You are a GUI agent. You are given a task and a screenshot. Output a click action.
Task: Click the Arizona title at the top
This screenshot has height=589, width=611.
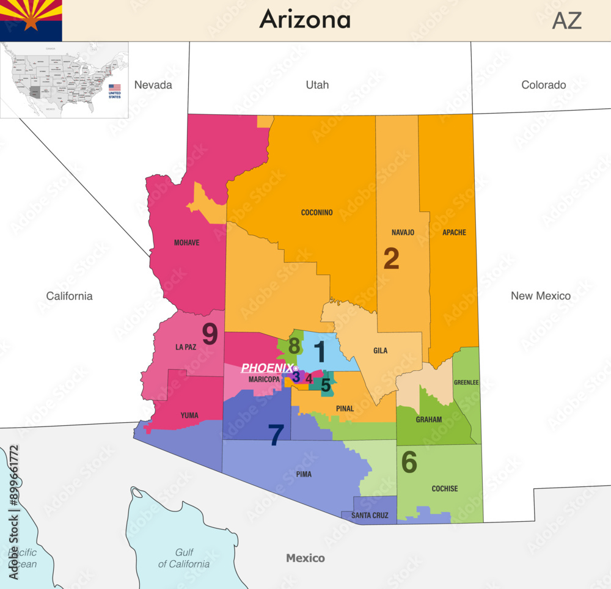click(x=305, y=20)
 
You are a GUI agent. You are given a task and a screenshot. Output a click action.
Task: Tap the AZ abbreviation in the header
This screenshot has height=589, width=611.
click(x=566, y=21)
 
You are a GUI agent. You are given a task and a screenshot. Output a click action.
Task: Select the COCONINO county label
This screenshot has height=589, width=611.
click(x=316, y=213)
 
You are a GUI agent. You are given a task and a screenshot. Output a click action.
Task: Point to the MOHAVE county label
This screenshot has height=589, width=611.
click(x=186, y=243)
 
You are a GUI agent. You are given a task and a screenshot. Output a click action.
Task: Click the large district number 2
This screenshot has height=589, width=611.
click(x=391, y=259)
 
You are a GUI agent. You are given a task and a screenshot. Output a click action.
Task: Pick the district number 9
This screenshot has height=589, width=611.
click(x=210, y=334)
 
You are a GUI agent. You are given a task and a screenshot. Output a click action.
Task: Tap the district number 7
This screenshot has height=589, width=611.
click(x=276, y=435)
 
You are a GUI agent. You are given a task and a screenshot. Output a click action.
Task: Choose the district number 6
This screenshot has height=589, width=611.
click(x=409, y=463)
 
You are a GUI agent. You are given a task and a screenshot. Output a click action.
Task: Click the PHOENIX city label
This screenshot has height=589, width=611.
click(x=266, y=368)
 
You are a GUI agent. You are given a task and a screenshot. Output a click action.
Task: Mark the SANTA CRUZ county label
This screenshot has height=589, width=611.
click(x=370, y=516)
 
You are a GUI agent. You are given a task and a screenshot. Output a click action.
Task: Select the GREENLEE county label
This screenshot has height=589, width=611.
click(x=466, y=383)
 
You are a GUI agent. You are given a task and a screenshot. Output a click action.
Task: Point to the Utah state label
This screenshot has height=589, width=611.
click(x=317, y=85)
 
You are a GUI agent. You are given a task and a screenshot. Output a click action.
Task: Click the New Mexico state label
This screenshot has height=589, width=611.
click(x=540, y=296)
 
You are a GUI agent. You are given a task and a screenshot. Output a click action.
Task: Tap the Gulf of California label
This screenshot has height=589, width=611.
click(x=184, y=558)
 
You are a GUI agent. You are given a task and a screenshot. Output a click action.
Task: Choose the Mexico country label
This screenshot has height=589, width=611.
click(x=305, y=558)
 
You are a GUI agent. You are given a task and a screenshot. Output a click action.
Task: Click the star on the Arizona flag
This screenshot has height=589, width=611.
click(x=31, y=22)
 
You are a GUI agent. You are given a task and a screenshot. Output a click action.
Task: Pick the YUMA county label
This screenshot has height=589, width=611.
click(x=189, y=415)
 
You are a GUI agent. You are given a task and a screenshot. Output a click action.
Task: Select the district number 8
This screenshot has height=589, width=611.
click(x=295, y=346)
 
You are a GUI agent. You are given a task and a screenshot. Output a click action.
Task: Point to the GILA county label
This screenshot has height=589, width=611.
click(x=380, y=351)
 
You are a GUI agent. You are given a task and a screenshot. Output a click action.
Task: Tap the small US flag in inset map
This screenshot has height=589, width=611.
click(x=114, y=87)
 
